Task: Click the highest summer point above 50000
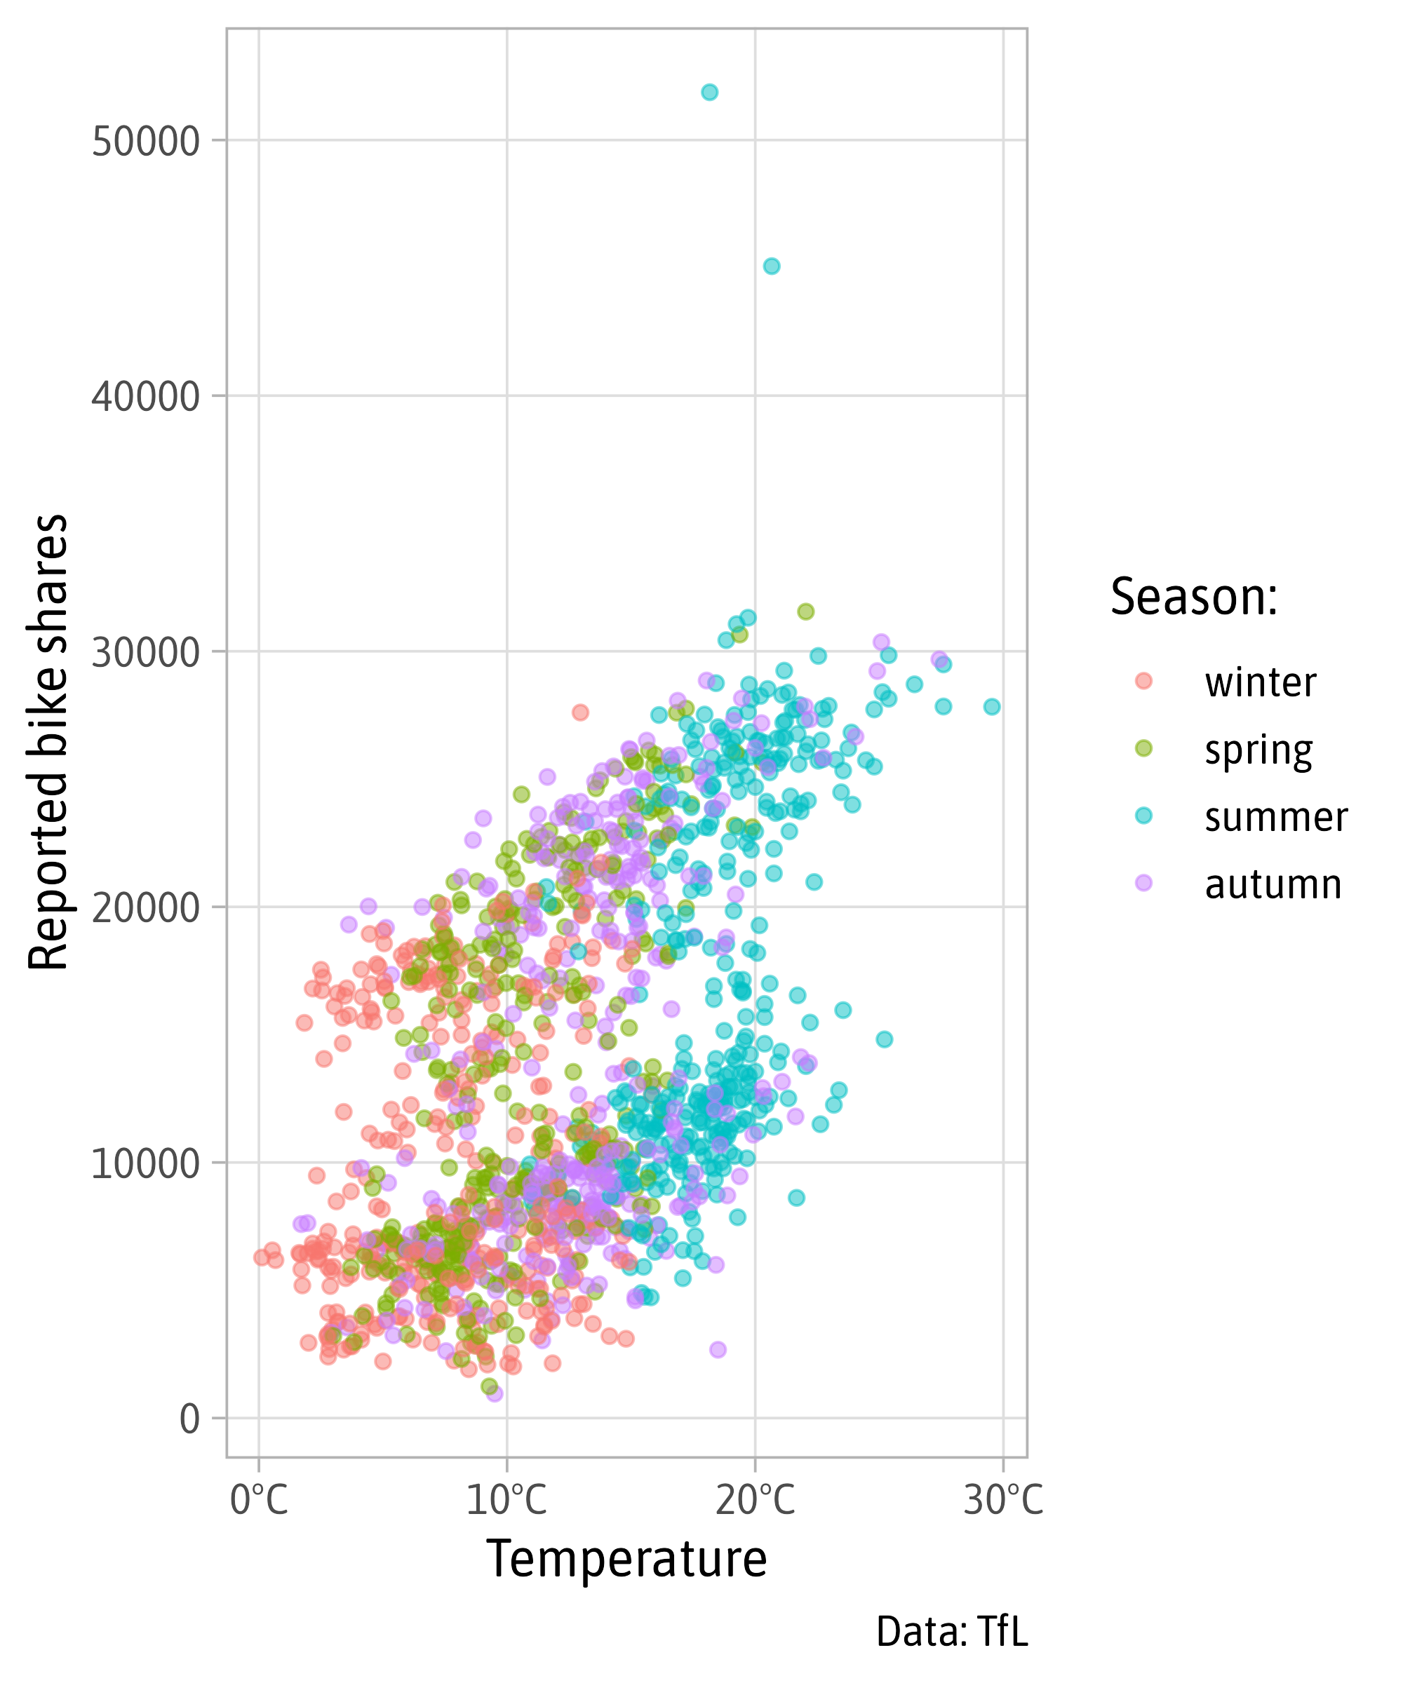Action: pyautogui.click(x=709, y=92)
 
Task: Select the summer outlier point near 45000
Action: pyautogui.click(x=771, y=266)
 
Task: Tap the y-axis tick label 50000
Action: pyautogui.click(x=145, y=142)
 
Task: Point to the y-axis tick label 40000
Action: pyautogui.click(x=145, y=397)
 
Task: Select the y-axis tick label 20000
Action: pyautogui.click(x=145, y=908)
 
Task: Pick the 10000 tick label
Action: pyautogui.click(x=145, y=1163)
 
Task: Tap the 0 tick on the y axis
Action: pyautogui.click(x=189, y=1419)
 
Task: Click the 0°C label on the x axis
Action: pyautogui.click(x=258, y=1499)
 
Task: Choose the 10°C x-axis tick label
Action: pyautogui.click(x=506, y=1499)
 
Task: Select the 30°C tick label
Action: pyautogui.click(x=1003, y=1499)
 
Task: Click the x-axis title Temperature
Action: pyautogui.click(x=626, y=1560)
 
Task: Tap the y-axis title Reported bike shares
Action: pyautogui.click(x=48, y=742)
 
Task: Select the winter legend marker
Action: pyautogui.click(x=1143, y=680)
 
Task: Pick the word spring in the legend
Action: pyautogui.click(x=1258, y=751)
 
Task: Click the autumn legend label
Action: pyautogui.click(x=1273, y=885)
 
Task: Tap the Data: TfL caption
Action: pyautogui.click(x=952, y=1632)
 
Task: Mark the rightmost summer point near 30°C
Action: pyautogui.click(x=992, y=706)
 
